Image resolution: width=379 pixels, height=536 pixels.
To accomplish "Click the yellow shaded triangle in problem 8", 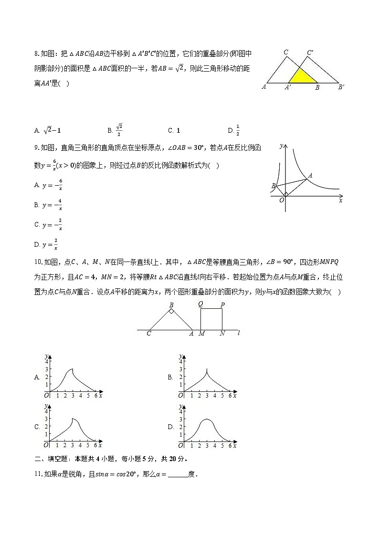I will click(301, 77).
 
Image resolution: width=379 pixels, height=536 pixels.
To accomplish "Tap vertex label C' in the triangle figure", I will click(311, 52).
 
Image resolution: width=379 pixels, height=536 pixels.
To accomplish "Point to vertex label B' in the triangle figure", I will click(341, 87).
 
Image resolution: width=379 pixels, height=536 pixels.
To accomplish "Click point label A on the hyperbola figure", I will click(310, 176).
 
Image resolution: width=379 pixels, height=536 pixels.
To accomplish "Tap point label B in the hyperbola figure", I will click(273, 186).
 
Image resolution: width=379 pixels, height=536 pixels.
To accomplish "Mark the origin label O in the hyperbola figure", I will click(282, 200).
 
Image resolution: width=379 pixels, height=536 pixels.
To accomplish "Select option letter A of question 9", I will click(37, 185).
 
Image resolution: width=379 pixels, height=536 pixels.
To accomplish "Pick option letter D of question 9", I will click(37, 245).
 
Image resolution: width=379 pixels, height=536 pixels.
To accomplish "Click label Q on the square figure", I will click(200, 304).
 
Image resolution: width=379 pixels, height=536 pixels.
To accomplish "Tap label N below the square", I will click(222, 334).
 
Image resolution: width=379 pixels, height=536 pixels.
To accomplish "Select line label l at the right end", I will click(238, 333).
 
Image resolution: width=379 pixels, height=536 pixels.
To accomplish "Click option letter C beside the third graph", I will click(37, 427).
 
